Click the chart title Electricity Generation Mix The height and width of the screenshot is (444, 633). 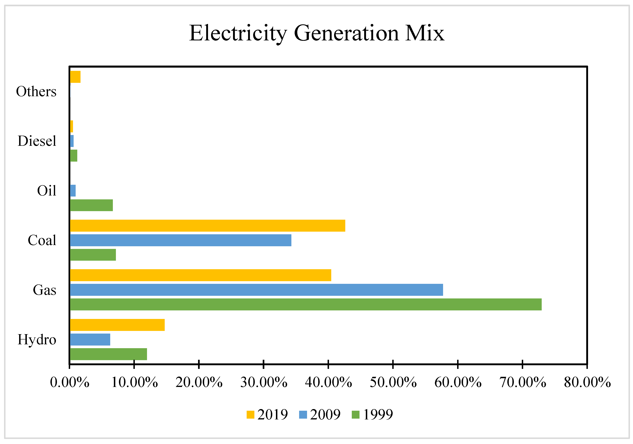pos(316,33)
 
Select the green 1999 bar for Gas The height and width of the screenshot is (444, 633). pos(305,305)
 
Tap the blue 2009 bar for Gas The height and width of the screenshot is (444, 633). pos(256,290)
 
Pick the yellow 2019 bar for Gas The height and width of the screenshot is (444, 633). pos(200,275)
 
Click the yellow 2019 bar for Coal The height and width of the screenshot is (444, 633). pos(207,226)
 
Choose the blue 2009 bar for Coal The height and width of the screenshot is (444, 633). pos(181,240)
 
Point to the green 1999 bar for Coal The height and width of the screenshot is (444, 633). pos(93,255)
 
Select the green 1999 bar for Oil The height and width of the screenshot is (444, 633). pos(91,205)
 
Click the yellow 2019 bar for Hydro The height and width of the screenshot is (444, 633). pos(117,325)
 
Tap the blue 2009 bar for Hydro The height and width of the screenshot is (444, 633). pos(90,340)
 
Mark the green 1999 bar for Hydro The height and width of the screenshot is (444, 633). pos(108,354)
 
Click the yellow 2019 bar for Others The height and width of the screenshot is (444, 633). pos(75,77)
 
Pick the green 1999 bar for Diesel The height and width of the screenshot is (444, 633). pos(74,156)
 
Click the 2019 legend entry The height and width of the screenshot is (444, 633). pos(267,415)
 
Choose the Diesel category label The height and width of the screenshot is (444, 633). pos(37,141)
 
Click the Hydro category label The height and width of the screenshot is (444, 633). pos(37,340)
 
